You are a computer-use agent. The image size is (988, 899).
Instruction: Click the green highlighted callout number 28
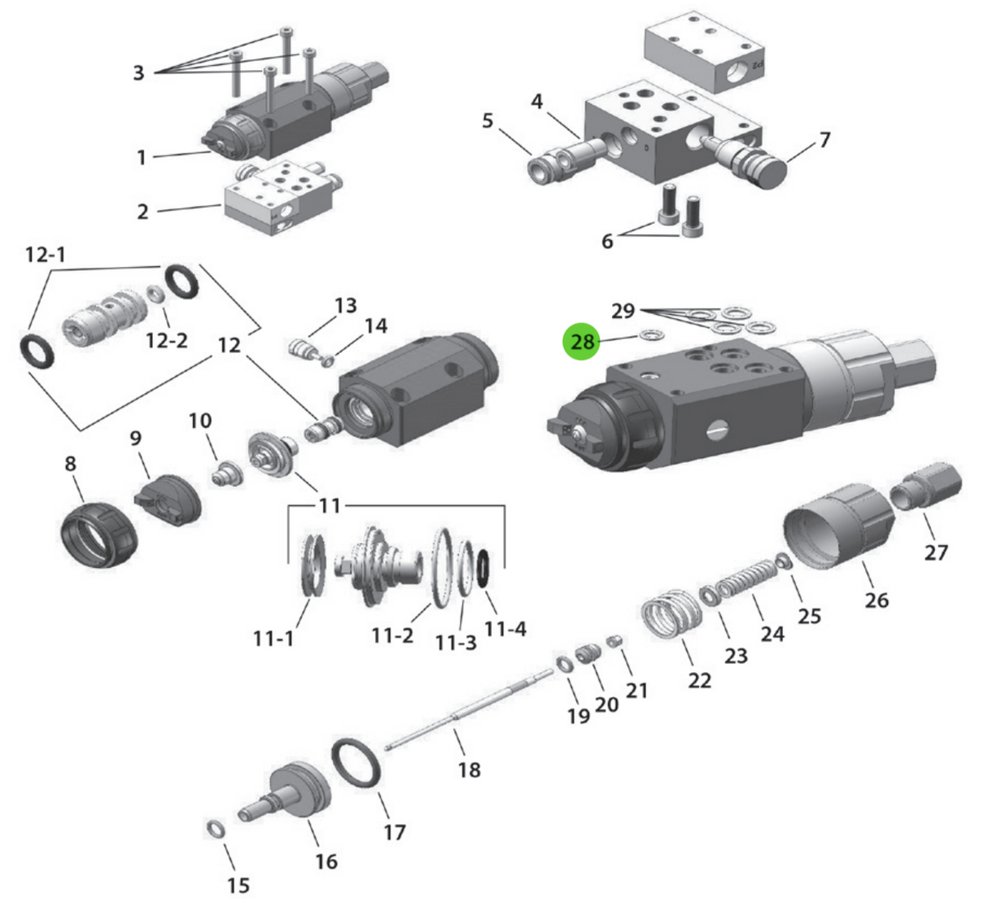[583, 342]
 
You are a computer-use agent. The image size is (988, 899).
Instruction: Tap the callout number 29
[623, 311]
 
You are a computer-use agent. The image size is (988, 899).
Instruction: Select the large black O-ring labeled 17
[356, 763]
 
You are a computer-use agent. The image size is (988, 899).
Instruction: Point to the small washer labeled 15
[216, 829]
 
